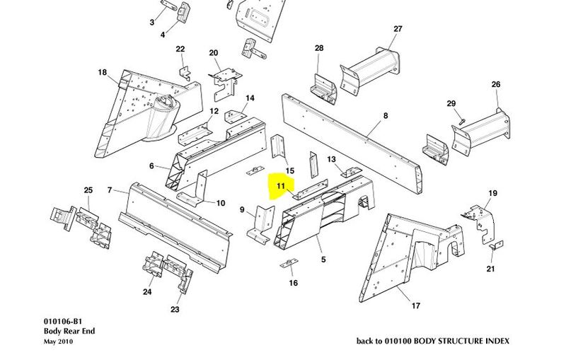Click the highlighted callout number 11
[281, 187]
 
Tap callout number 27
[398, 29]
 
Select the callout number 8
[386, 115]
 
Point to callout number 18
[102, 73]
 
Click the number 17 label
[416, 306]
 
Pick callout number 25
[88, 190]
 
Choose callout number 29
[451, 104]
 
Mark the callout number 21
[490, 269]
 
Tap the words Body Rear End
[69, 331]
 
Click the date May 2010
[58, 342]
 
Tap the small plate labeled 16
[289, 265]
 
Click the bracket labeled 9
[261, 225]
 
